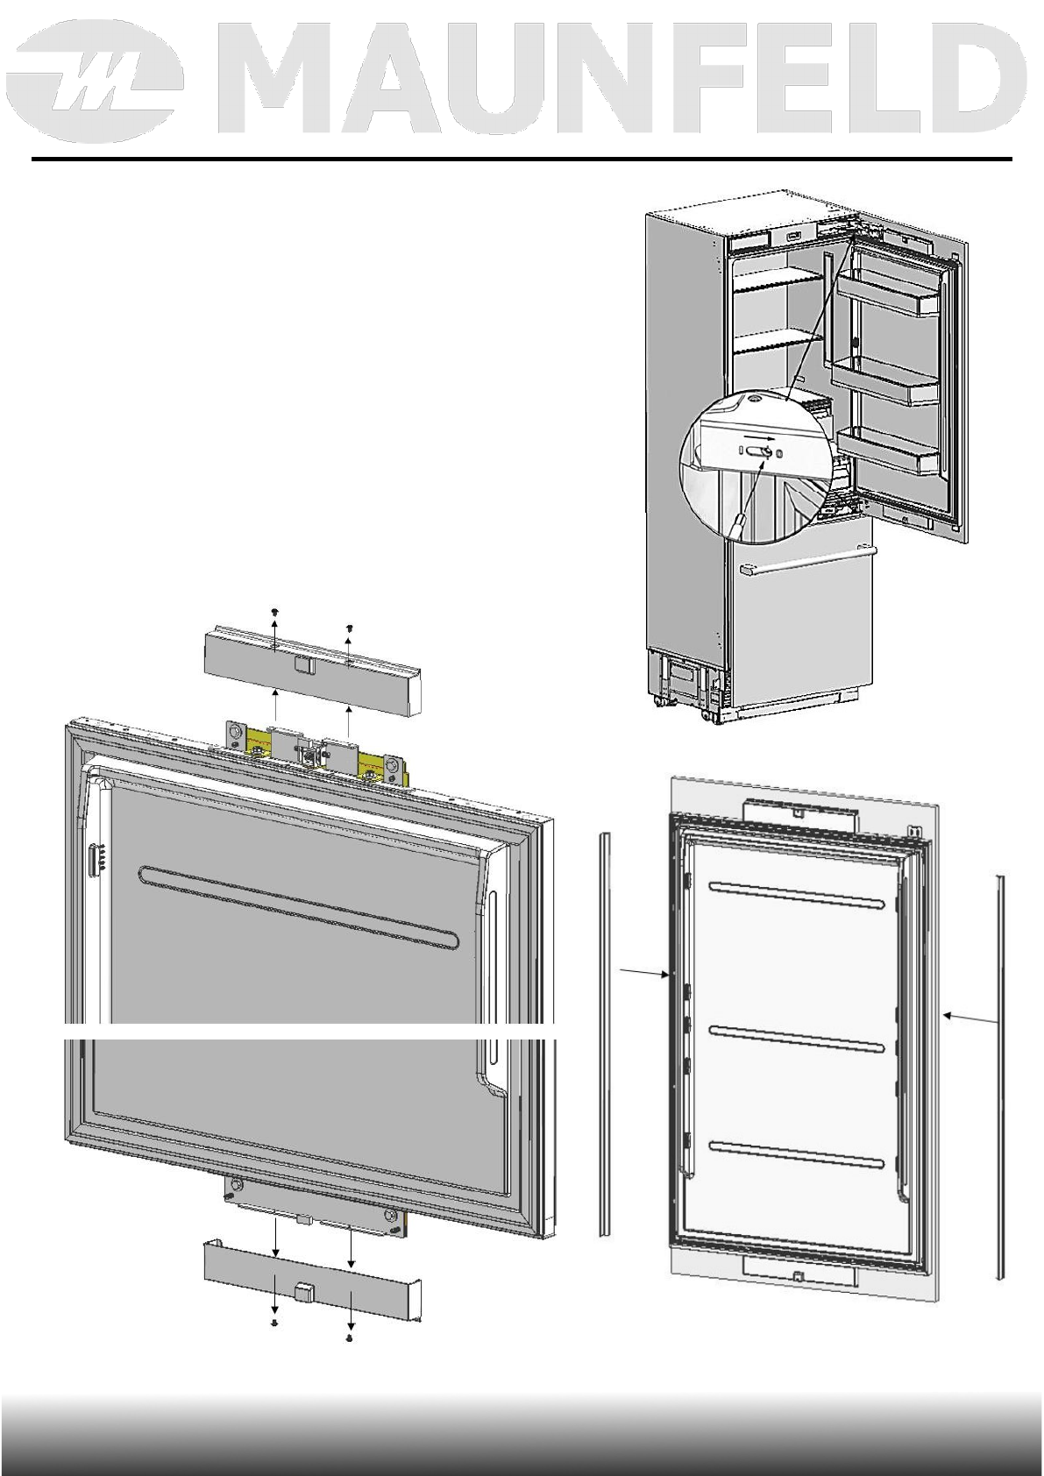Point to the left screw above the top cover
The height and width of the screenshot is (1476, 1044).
(275, 611)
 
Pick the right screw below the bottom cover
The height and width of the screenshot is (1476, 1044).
(350, 1339)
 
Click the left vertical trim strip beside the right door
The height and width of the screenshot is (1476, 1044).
(604, 1034)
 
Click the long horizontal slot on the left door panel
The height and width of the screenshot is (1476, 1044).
(298, 908)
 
